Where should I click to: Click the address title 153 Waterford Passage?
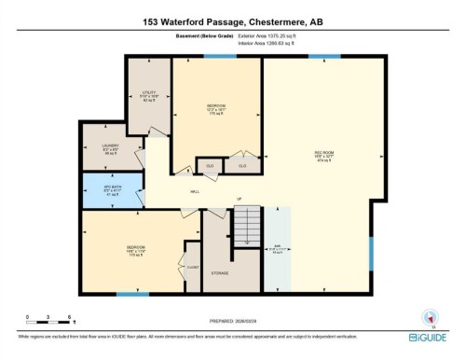pos(233,21)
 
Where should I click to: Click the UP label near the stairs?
pos(239,199)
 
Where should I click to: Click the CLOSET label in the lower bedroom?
pos(192,266)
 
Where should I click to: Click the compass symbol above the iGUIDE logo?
pos(430,315)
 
